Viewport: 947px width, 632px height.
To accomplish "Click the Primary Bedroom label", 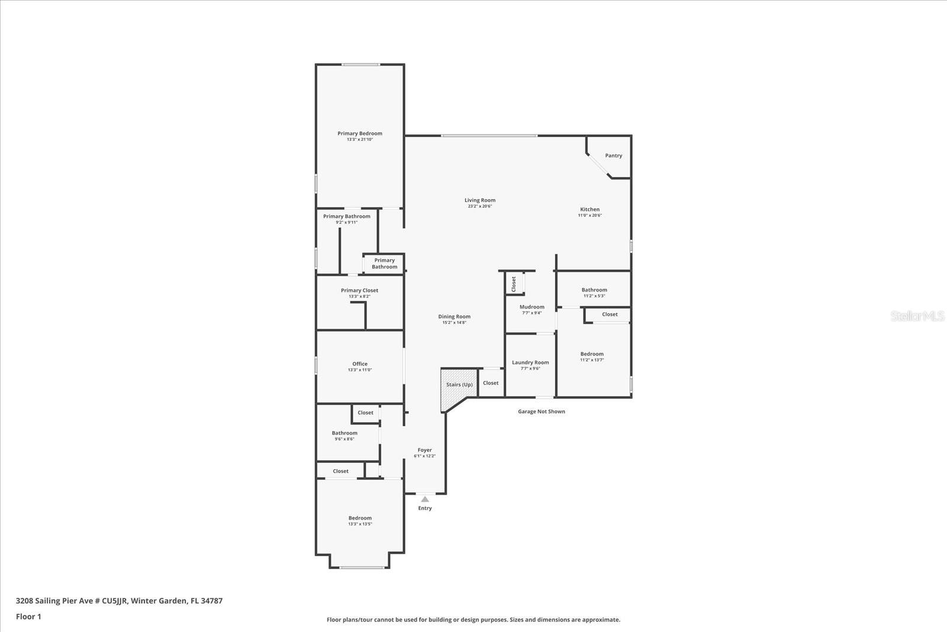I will click(360, 134).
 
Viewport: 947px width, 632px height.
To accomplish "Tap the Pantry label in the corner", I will click(613, 156).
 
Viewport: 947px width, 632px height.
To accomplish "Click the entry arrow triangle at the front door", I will click(425, 499).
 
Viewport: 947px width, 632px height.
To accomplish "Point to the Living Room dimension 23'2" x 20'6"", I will click(479, 206).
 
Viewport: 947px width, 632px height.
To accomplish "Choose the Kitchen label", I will click(590, 209).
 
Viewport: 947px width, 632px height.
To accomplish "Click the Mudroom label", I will click(532, 307).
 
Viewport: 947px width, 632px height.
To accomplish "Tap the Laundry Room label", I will click(530, 362).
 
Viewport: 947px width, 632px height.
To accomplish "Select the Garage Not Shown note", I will click(541, 412).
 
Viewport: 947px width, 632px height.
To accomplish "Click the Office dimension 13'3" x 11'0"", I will click(360, 370).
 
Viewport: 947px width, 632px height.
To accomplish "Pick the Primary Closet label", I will click(359, 290).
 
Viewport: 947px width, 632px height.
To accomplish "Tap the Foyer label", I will click(424, 450).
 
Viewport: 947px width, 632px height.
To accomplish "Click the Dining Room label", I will click(454, 316).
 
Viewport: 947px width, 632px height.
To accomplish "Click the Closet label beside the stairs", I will click(490, 383).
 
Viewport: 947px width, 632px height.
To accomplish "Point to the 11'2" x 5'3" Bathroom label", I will click(594, 290).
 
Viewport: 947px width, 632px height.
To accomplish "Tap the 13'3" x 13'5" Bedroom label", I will click(360, 518).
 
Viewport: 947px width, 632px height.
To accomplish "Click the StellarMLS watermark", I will click(917, 316).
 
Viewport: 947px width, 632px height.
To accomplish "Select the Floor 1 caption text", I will click(28, 617).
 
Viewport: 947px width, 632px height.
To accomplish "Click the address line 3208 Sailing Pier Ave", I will click(118, 601).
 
